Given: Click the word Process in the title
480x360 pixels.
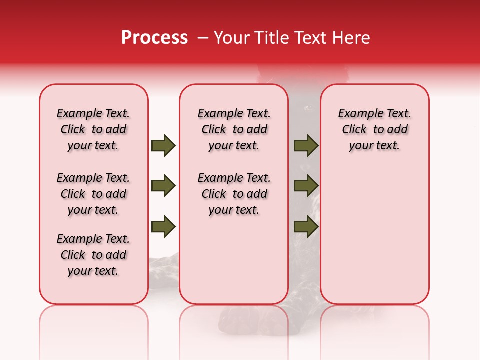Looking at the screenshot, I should coord(154,38).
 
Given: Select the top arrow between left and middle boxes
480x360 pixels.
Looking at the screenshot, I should coord(163,146).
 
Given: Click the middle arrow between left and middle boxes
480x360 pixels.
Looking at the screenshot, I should coord(163,186).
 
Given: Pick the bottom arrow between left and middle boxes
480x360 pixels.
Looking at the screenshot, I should coord(163,226).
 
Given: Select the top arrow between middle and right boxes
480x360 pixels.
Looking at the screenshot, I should coord(306,146).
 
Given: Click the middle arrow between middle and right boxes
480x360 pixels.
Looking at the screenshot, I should coord(306,186).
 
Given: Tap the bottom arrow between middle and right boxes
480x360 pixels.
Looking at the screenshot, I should coord(306,226).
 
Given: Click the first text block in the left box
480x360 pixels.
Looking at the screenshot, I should coord(93,129).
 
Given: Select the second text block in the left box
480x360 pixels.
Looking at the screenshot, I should coord(93,194).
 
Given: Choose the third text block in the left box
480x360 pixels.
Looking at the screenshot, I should coord(93,255).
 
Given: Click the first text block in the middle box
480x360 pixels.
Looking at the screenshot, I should coord(234,129).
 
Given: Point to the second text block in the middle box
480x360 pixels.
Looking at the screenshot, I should coord(234,194).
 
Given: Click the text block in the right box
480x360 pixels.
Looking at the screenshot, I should coord(374,129).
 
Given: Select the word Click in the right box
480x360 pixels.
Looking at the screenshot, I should coord(354,130).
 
